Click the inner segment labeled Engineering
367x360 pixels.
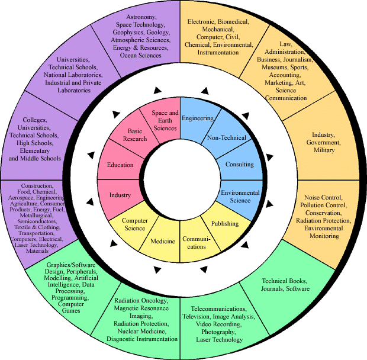(x=197, y=118)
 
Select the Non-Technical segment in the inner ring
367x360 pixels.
(x=226, y=138)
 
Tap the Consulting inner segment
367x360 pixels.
(x=240, y=164)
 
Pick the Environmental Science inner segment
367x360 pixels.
(x=240, y=196)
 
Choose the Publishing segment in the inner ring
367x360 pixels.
(x=224, y=223)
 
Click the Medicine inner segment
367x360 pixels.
(x=163, y=241)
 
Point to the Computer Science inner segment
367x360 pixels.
(x=134, y=224)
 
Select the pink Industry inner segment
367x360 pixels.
(x=120, y=195)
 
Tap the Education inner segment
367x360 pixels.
(x=120, y=165)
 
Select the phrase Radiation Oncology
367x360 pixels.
(x=142, y=301)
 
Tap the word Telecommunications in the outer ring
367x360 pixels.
(x=218, y=309)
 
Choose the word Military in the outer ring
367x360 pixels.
(x=323, y=150)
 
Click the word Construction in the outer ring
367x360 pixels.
(x=37, y=186)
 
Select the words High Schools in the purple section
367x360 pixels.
(x=38, y=143)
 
